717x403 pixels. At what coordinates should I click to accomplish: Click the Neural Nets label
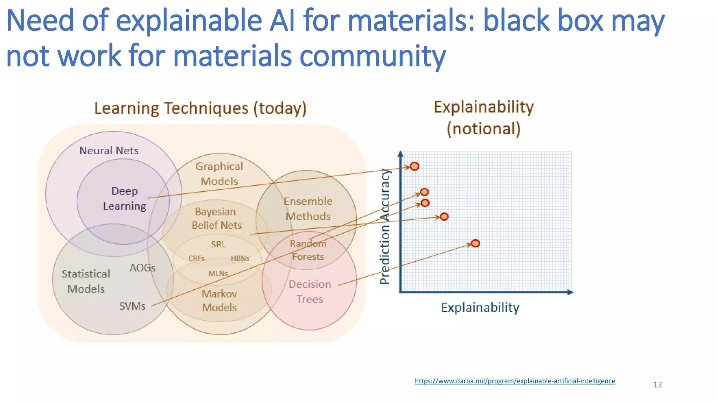[x=109, y=150]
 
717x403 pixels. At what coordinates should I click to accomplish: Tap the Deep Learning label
[x=125, y=199]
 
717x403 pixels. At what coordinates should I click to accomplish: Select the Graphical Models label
[x=219, y=174]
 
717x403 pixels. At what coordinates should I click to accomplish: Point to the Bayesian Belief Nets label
[x=216, y=219]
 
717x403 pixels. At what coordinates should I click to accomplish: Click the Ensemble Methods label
[x=308, y=209]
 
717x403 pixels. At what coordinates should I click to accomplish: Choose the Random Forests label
[x=308, y=250]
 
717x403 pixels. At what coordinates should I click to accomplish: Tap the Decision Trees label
[x=310, y=292]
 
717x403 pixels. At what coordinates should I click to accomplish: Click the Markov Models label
[x=219, y=301]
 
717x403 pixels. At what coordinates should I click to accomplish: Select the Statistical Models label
[x=86, y=281]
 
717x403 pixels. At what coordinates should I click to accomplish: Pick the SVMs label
[x=132, y=306]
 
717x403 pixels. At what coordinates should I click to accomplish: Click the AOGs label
[x=142, y=268]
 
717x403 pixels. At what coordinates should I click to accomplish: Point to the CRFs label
[x=196, y=259]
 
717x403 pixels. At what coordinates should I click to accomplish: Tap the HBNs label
[x=240, y=259]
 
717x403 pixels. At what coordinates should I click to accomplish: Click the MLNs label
[x=218, y=274]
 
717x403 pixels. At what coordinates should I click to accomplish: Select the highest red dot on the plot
[x=415, y=167]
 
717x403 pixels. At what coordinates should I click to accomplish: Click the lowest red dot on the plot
[x=475, y=243]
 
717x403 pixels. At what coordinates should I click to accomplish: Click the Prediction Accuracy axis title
[x=385, y=227]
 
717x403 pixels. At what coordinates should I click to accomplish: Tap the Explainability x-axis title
[x=480, y=307]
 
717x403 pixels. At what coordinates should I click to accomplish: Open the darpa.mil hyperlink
[x=515, y=381]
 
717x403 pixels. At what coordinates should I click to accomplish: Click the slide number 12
[x=657, y=385]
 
